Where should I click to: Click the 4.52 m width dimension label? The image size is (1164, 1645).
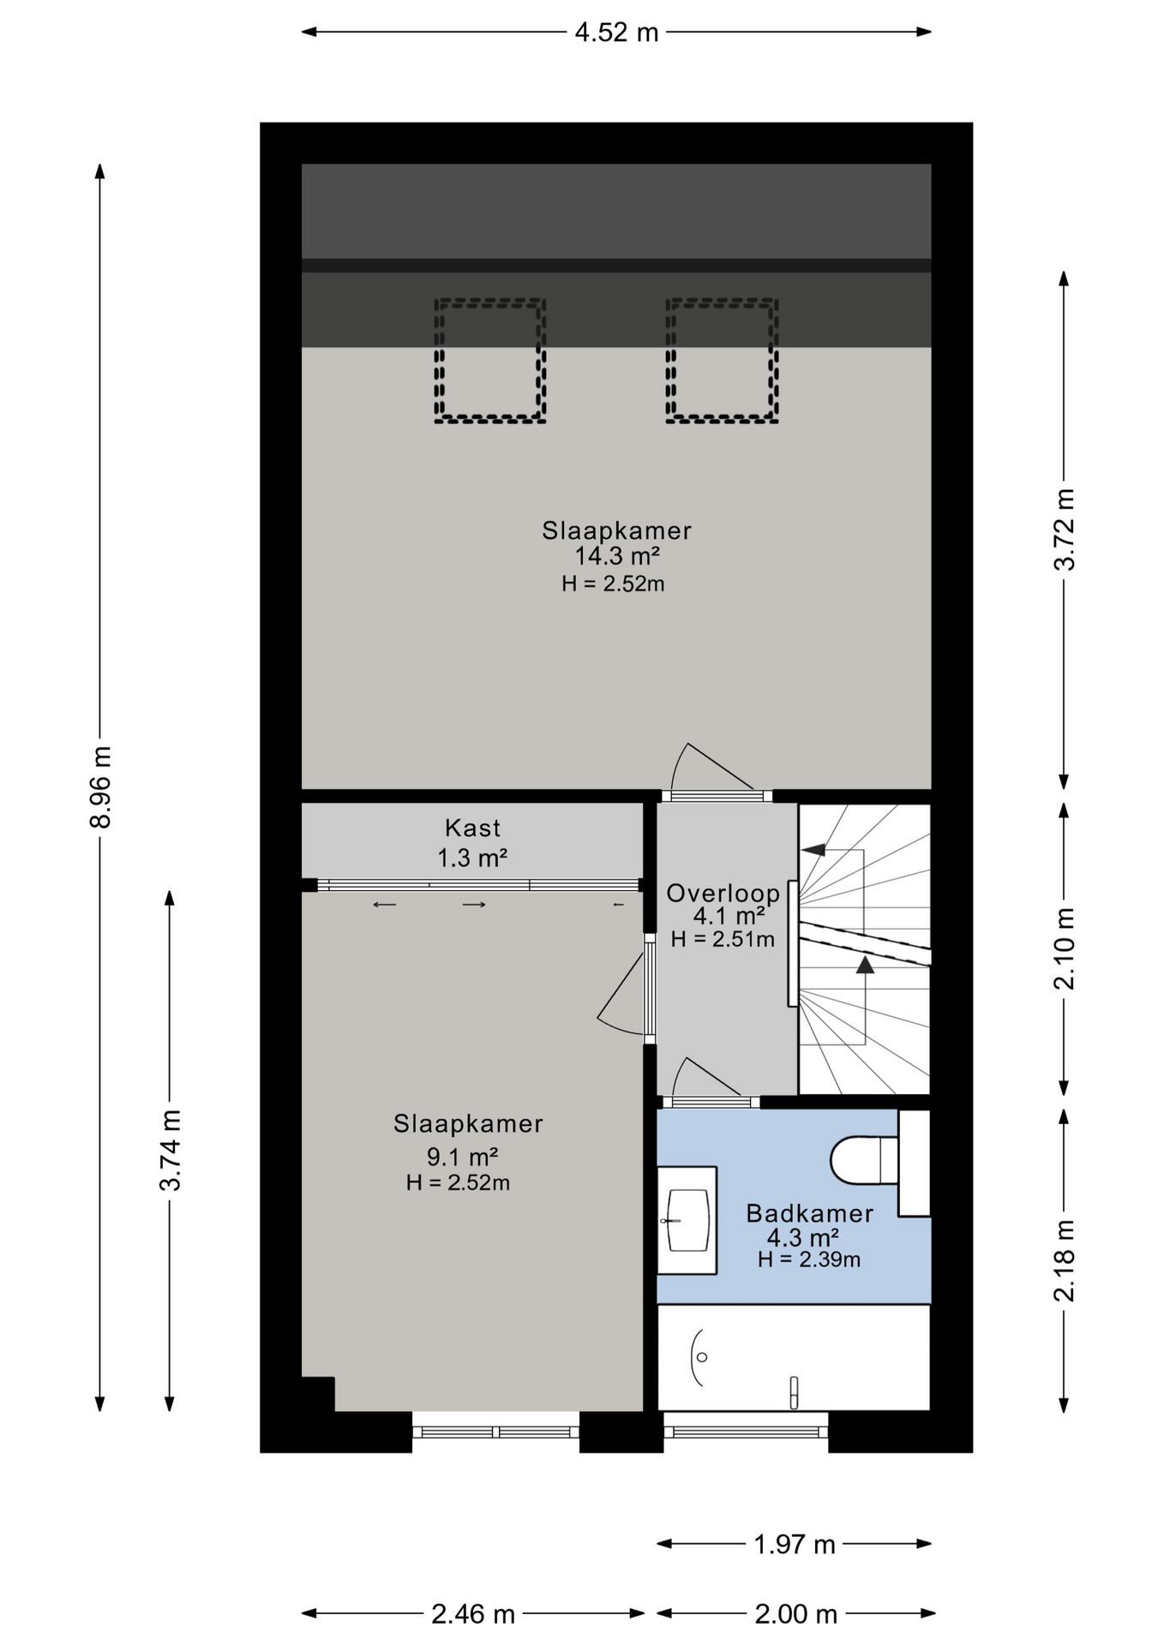click(x=616, y=33)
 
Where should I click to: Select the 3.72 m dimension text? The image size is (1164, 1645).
click(x=1064, y=529)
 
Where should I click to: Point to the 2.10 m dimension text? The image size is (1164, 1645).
click(x=1064, y=948)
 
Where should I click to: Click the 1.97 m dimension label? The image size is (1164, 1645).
click(x=794, y=1544)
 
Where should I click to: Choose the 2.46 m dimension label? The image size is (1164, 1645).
click(x=473, y=1614)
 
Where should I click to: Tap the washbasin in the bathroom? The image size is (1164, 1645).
click(x=687, y=1219)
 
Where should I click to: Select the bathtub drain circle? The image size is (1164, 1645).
click(x=703, y=1357)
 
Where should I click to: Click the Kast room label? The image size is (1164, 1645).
click(x=472, y=828)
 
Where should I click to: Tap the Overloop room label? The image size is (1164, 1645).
click(x=723, y=894)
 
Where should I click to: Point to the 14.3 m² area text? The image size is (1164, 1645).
click(x=616, y=556)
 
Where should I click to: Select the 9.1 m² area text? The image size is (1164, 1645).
click(x=463, y=1157)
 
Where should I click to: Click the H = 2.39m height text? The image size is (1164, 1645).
click(x=809, y=1259)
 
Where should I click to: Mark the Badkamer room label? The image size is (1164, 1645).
click(x=809, y=1213)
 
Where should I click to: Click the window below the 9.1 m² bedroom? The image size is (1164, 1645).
click(x=495, y=1432)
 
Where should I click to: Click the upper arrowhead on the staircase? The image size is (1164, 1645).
click(x=813, y=850)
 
